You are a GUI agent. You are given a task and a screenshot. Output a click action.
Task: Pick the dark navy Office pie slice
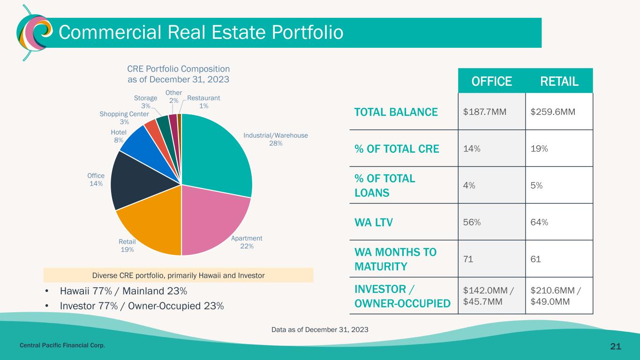click(x=136, y=183)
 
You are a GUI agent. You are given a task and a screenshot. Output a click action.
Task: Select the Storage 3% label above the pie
click(x=145, y=102)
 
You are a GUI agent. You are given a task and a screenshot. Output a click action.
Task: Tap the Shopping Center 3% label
click(x=124, y=118)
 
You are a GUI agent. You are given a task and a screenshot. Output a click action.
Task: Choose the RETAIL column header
click(x=559, y=81)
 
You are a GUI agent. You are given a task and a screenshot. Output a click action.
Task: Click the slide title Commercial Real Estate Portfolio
click(x=200, y=32)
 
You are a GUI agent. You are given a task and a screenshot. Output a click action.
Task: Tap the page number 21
click(x=615, y=346)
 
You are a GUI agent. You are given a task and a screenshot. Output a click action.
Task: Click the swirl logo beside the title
click(x=31, y=33)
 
